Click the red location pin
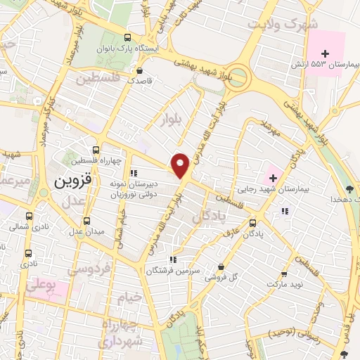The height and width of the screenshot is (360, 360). (181, 165)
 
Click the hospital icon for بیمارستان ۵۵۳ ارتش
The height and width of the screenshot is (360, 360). (325, 53)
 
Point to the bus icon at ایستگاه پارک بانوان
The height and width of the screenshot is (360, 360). (127, 37)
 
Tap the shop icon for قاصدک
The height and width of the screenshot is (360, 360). (141, 70)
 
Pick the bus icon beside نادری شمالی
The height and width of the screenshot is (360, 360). (29, 215)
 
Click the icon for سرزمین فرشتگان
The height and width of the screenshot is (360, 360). (172, 258)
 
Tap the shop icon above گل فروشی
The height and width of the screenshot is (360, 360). (221, 267)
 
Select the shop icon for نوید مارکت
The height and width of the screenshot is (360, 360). (284, 274)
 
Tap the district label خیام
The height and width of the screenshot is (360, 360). (129, 297)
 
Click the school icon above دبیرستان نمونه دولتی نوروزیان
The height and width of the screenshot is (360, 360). (134, 173)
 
